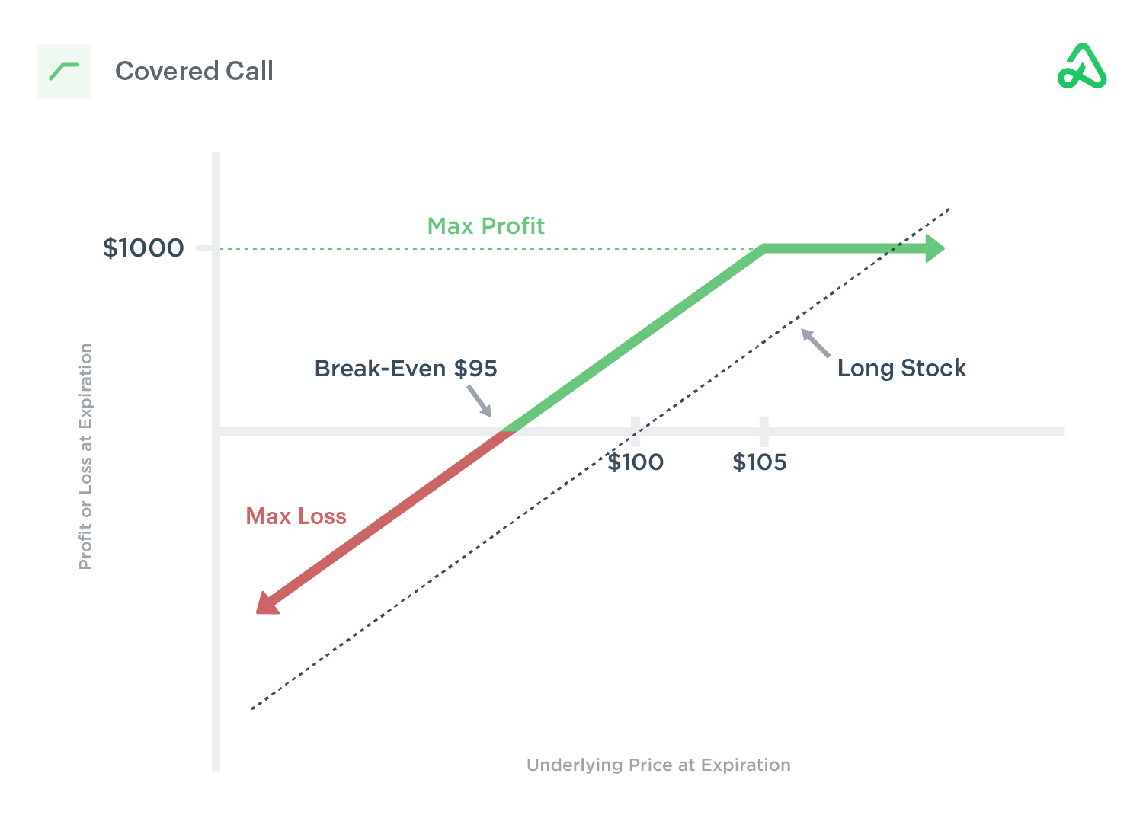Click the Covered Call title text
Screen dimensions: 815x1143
click(x=194, y=72)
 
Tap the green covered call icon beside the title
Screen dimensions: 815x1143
click(x=64, y=72)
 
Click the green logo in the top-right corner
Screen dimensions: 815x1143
click(x=1082, y=67)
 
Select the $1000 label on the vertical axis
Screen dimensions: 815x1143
click(x=143, y=248)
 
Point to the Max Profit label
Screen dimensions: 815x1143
click(x=485, y=226)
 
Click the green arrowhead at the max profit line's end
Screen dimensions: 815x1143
click(x=935, y=248)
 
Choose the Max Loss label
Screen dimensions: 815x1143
click(x=296, y=516)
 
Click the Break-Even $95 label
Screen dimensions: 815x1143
click(x=405, y=369)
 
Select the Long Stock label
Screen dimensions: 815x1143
click(x=901, y=369)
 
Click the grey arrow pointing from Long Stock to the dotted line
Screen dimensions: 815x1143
click(x=815, y=343)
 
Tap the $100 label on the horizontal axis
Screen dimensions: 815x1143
click(x=636, y=462)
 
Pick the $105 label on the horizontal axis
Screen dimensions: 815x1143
click(x=760, y=462)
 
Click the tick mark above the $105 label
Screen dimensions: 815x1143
click(x=764, y=431)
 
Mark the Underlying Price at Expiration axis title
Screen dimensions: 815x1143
click(x=658, y=765)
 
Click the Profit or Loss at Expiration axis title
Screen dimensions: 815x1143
click(x=85, y=456)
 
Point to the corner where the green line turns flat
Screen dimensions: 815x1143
click(x=764, y=248)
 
